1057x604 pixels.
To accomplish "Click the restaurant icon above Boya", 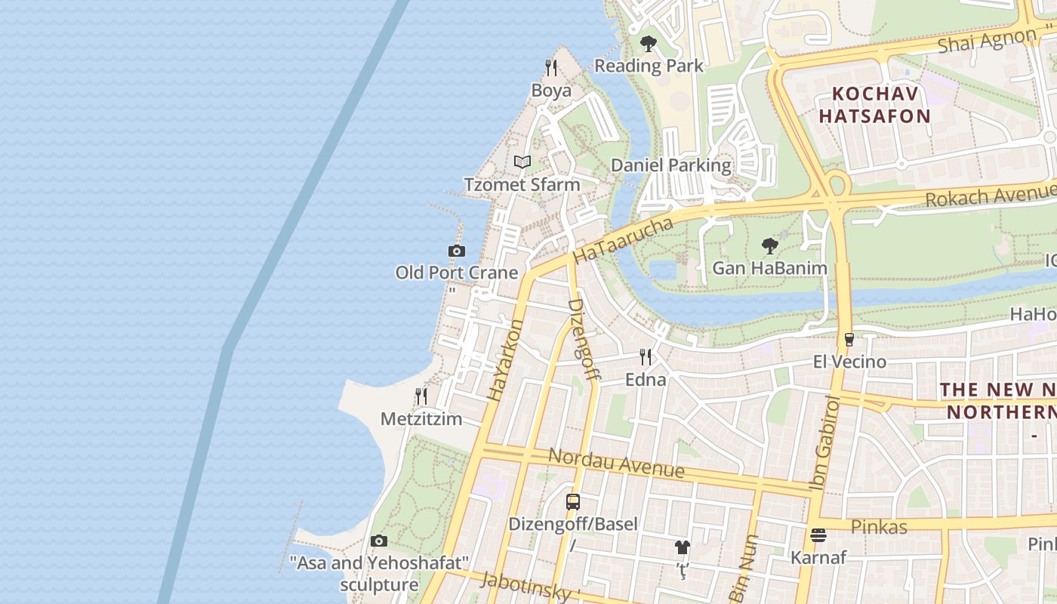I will pos(551,68).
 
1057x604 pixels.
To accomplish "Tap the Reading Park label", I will pos(649,66).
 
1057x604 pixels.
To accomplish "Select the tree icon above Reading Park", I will pos(648,43).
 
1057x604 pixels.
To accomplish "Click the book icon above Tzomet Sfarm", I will pos(522,162).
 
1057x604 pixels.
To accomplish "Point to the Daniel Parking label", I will pos(671,165).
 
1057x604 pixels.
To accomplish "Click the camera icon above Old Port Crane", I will pos(457,251).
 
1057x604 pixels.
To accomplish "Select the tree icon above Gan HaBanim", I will pos(770,245).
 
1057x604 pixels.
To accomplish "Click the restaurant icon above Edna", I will pos(646,356).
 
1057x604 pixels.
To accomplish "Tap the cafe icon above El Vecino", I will pos(849,340).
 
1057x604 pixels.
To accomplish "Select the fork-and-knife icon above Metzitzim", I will pos(421,396).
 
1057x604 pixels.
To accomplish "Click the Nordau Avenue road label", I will pos(616,463).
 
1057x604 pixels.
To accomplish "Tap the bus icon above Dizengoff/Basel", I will pos(573,501).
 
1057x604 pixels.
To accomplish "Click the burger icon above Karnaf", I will pos(818,535).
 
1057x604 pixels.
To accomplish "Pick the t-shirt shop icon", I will pos(683,547).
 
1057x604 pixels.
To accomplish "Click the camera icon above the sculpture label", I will pos(379,541).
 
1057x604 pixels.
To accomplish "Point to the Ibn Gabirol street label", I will pos(824,442).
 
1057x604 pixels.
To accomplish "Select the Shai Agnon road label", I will pos(987,41).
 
